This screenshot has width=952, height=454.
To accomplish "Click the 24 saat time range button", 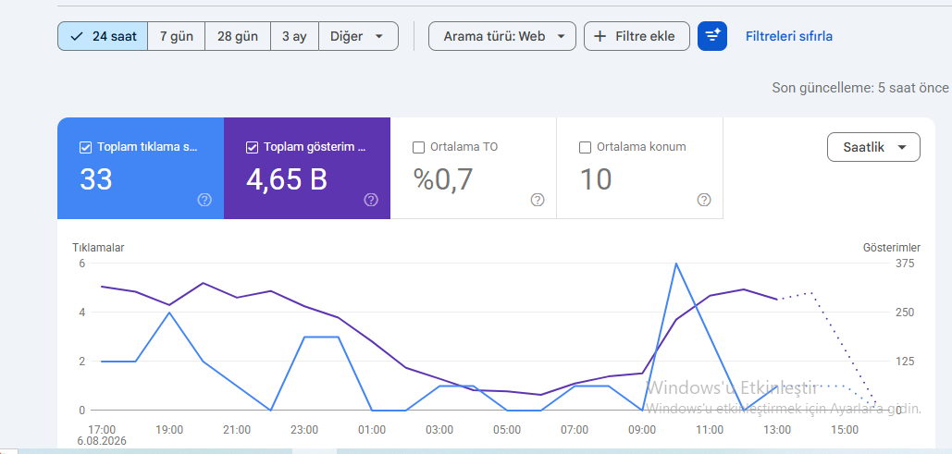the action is (103, 36).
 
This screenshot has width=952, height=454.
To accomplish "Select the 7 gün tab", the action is (176, 36).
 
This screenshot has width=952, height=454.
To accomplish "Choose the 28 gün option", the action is (238, 36).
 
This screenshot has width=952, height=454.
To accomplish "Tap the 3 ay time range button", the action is (294, 36).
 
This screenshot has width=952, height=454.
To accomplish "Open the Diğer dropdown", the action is (358, 36).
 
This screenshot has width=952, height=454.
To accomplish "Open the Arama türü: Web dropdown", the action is (502, 36).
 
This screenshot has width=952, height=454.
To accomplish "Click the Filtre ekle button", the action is (637, 36).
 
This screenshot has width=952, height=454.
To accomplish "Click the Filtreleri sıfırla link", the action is (788, 36).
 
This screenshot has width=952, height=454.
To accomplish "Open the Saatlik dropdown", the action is (873, 147).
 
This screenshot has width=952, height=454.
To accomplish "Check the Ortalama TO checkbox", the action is (418, 148).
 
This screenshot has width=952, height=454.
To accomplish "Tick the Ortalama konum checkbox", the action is (586, 148).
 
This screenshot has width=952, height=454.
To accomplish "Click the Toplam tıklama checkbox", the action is (86, 148).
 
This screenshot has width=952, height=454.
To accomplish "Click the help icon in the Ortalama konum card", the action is (704, 200).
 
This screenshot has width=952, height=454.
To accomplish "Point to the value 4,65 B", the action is (287, 179).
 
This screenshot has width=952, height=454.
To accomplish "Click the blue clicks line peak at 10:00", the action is (675, 264).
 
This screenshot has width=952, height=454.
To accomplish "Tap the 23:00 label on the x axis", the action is (304, 430).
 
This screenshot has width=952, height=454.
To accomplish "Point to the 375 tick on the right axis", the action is (905, 264).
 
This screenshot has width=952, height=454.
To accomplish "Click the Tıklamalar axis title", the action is (98, 248).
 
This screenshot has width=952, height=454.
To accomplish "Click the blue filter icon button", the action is (712, 36).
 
